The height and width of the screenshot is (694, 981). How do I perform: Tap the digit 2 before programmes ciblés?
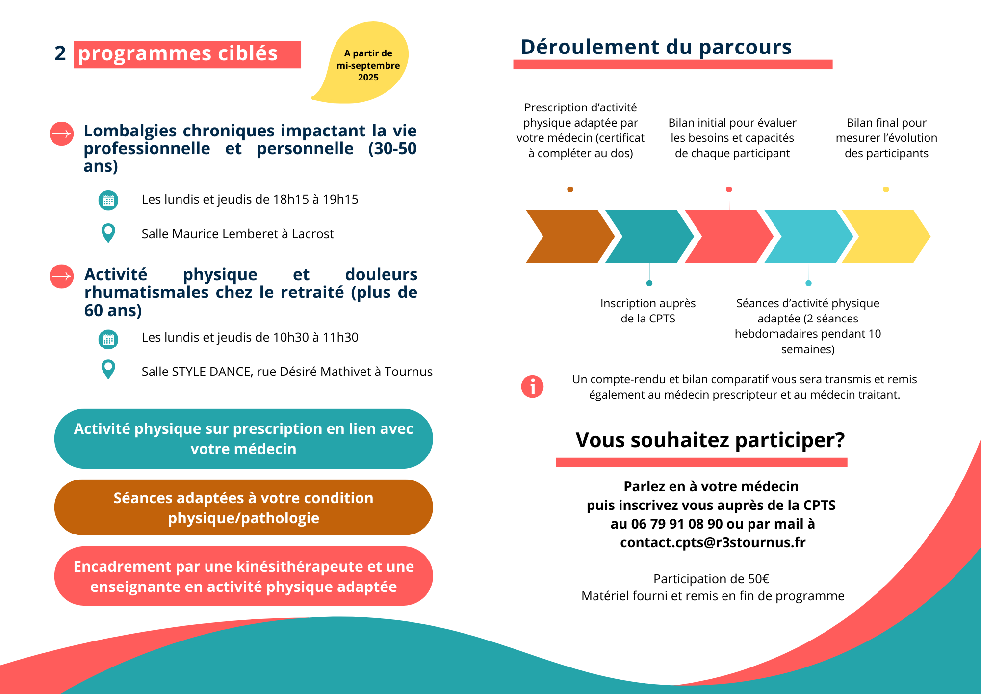60,53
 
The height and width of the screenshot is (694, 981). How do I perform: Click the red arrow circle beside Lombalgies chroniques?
62,133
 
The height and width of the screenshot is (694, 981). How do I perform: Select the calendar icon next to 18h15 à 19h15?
108,200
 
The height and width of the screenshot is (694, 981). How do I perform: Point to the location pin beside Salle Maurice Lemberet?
108,233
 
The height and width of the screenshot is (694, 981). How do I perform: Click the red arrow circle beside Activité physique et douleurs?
62,276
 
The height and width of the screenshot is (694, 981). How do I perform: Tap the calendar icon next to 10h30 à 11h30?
108,339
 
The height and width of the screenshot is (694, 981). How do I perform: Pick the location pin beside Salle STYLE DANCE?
108,369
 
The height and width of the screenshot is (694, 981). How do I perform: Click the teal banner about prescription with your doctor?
243,438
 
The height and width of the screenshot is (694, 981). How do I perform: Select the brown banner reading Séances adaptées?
243,507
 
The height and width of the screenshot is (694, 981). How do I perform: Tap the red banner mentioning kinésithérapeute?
243,576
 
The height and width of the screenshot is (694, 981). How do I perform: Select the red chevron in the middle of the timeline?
729,236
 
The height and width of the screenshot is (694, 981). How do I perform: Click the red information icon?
532,387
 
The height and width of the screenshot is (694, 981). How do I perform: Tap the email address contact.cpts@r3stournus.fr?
713,542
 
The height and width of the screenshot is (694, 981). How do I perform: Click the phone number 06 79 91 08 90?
677,524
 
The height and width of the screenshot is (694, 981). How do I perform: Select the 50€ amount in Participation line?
758,579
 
